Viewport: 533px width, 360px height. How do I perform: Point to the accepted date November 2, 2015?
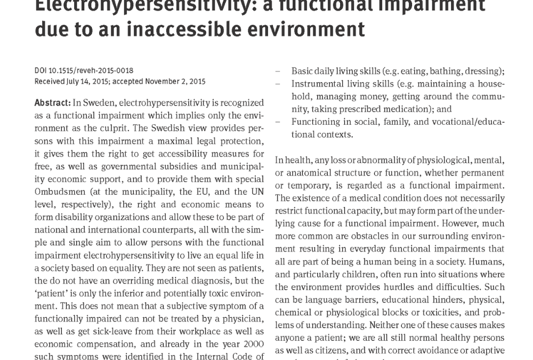tap(173, 82)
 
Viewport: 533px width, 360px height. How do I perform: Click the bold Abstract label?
tap(52, 102)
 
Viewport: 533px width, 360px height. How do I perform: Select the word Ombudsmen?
tap(57, 192)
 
